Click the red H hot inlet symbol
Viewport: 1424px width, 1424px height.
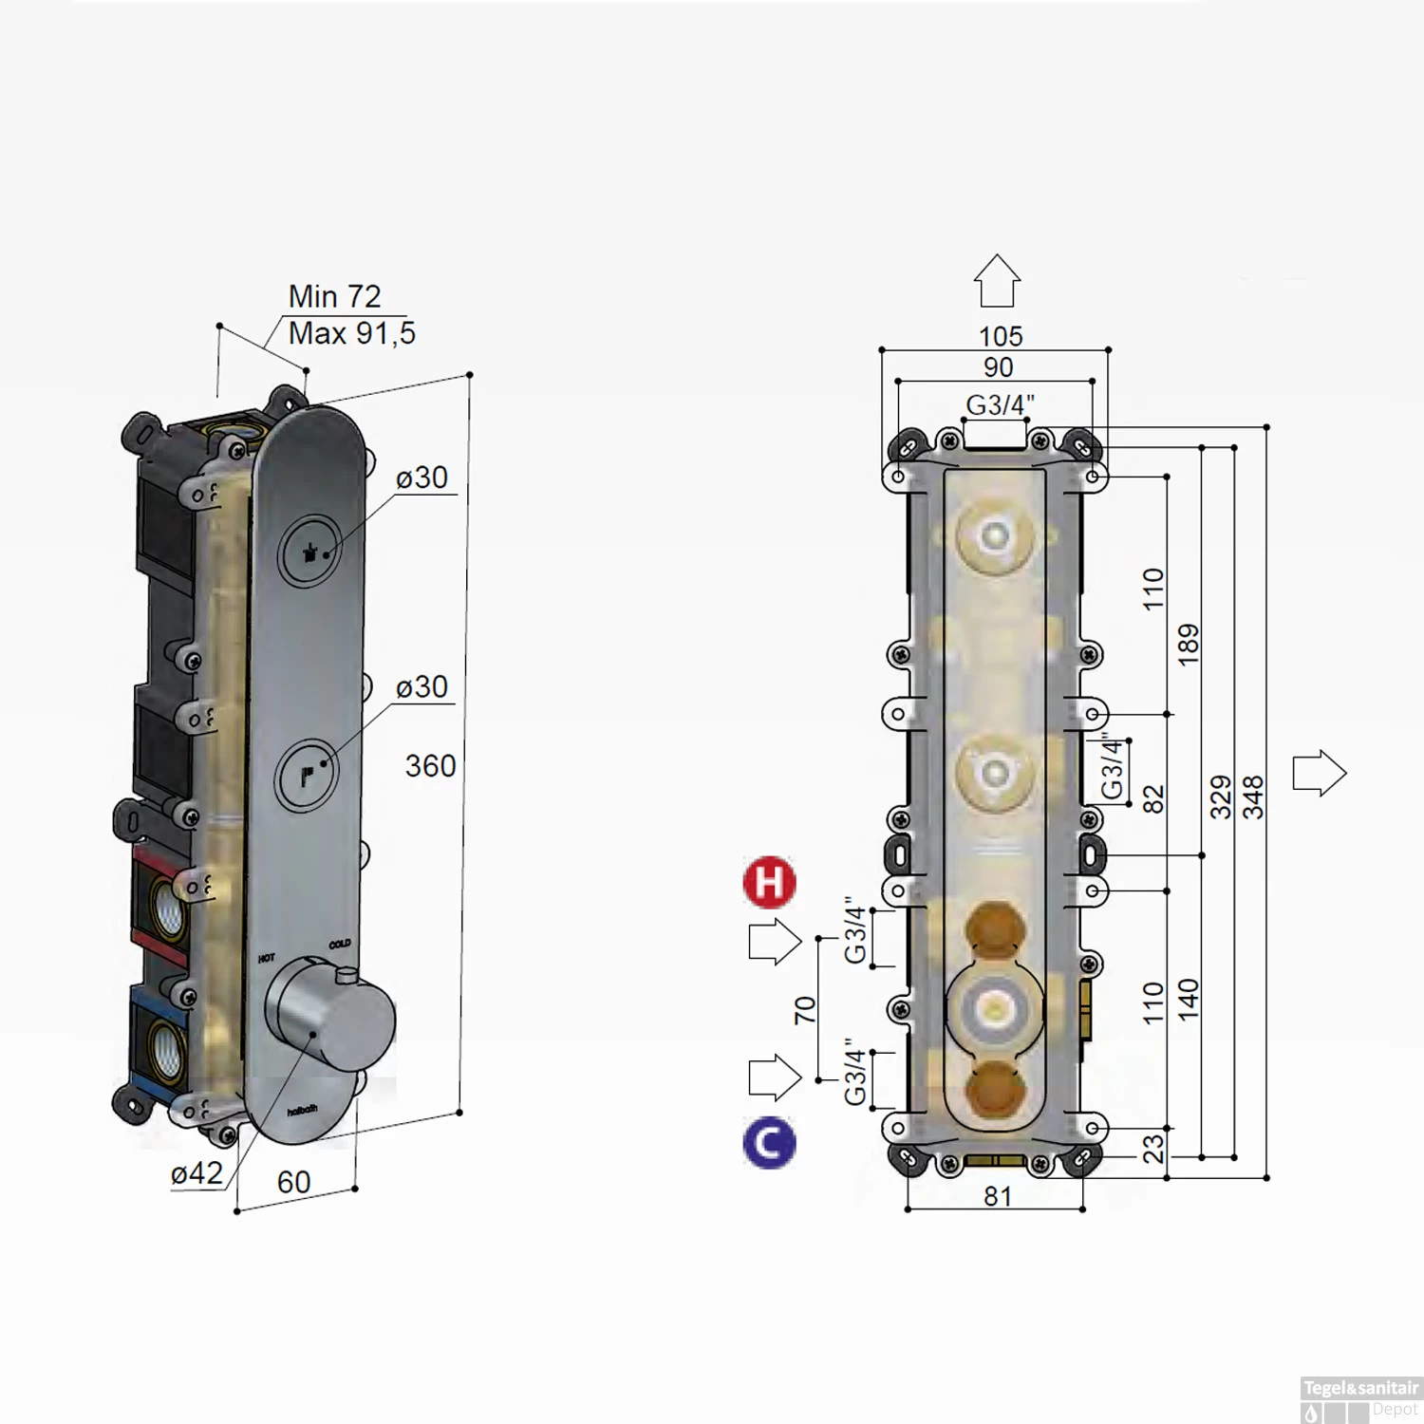click(x=769, y=882)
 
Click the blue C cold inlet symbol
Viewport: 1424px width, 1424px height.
click(x=769, y=1143)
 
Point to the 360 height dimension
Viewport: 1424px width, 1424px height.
click(x=430, y=766)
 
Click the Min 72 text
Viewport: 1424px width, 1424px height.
click(x=334, y=296)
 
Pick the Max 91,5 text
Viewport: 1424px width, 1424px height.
click(x=351, y=333)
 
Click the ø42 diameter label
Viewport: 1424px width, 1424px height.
click(x=197, y=1174)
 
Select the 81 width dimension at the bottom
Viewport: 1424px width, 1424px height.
click(x=998, y=1196)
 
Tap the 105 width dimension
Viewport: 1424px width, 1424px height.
click(x=1001, y=336)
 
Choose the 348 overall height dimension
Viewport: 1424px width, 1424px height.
click(x=1254, y=797)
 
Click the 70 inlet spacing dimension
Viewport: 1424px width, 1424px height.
click(x=805, y=1009)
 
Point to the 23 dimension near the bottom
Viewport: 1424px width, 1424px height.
click(x=1152, y=1150)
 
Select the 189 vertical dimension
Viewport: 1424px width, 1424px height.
click(x=1189, y=646)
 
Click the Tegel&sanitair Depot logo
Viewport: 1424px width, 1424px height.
click(x=1360, y=1399)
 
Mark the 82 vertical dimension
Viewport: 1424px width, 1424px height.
click(x=1152, y=799)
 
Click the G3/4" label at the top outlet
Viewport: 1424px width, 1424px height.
click(x=1000, y=405)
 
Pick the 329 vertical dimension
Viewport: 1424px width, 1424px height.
click(x=1221, y=797)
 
